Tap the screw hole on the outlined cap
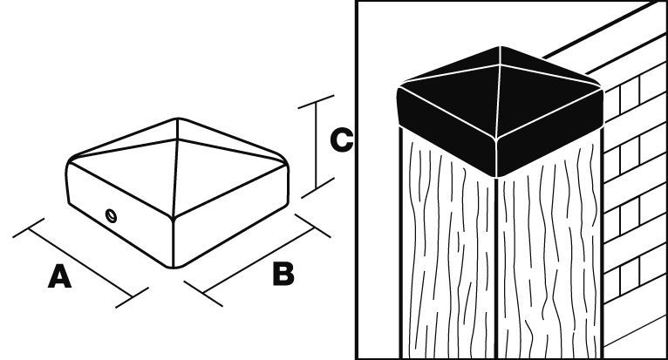pyautogui.click(x=109, y=214)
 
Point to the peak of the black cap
pyautogui.click(x=501, y=49)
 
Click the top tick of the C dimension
pyautogui.click(x=313, y=102)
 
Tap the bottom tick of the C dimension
pyautogui.click(x=313, y=187)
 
